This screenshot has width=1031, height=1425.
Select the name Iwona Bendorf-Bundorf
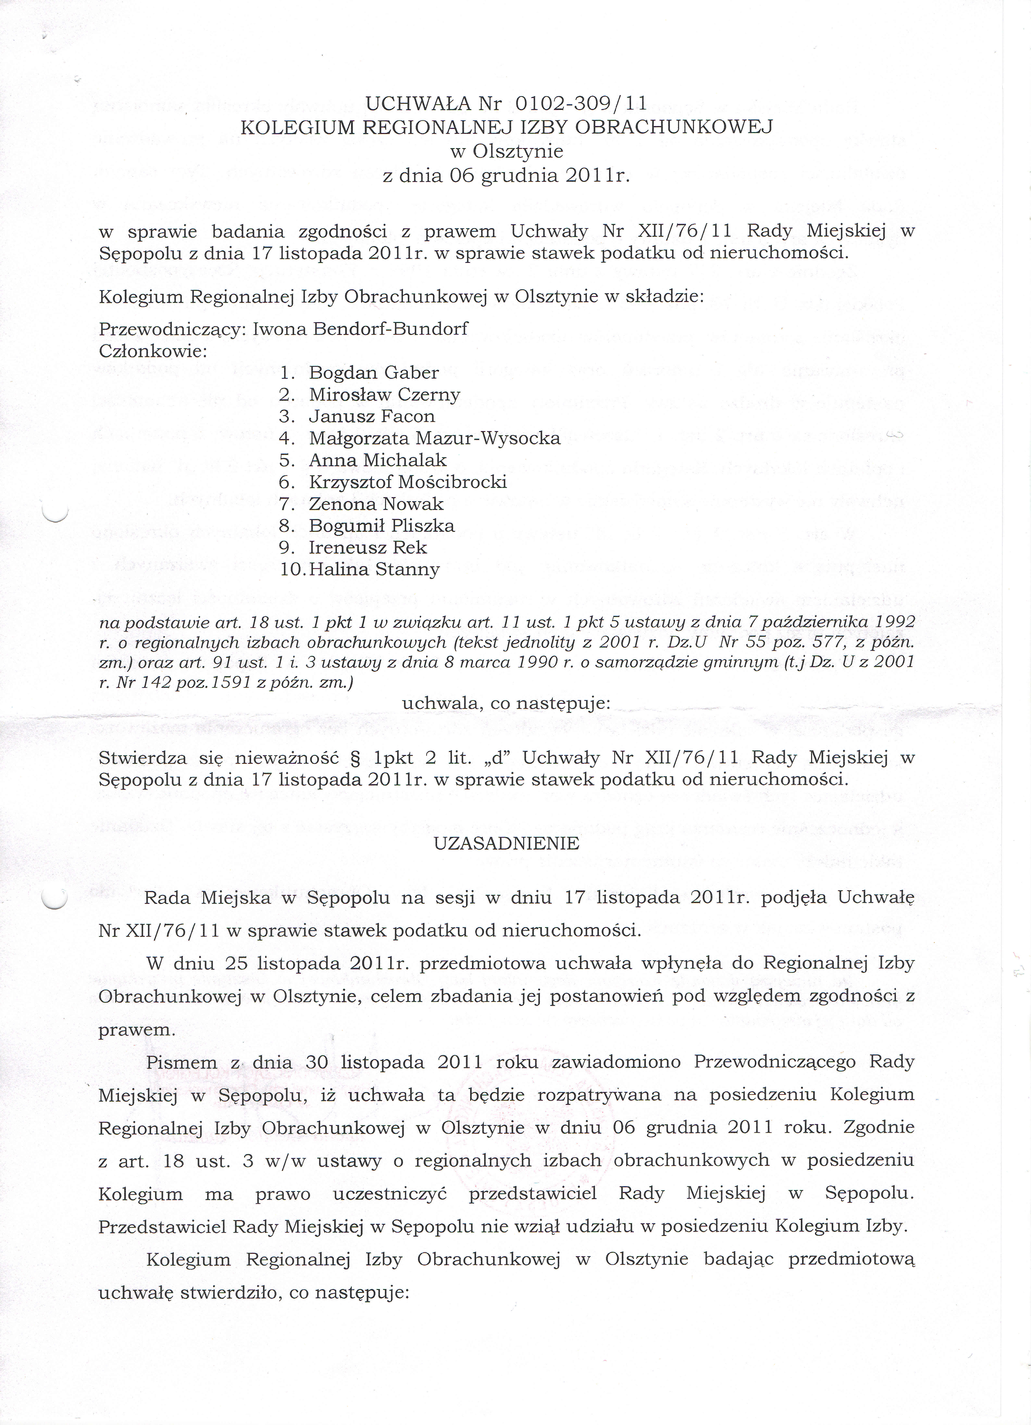[360, 329]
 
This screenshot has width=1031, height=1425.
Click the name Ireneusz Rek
[368, 547]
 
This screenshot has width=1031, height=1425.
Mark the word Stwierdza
[143, 758]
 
